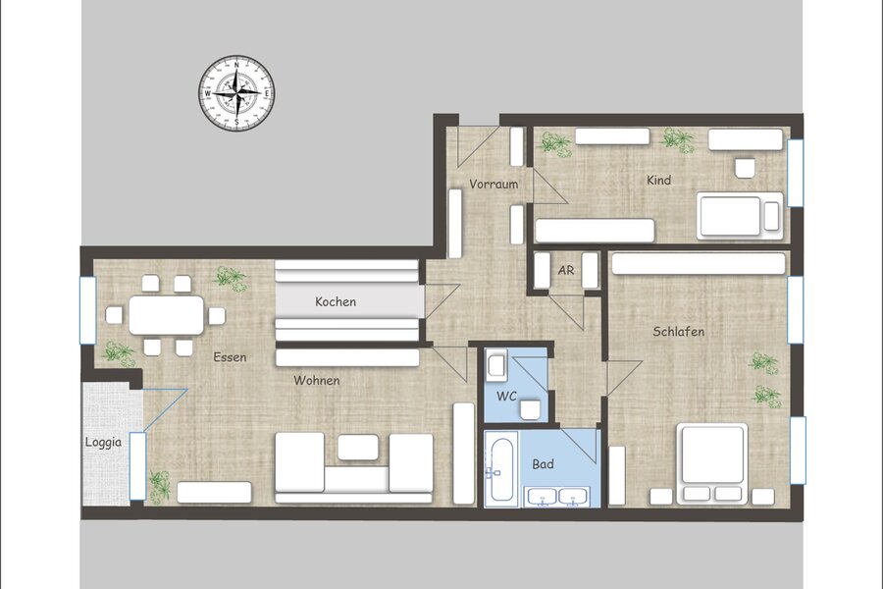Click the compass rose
236,92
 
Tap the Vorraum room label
493,185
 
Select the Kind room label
658,181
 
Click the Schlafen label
678,332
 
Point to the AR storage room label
566,271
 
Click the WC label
506,397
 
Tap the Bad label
543,464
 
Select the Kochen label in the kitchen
336,301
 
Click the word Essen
230,356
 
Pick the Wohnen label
317,381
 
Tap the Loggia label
103,443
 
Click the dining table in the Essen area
166,315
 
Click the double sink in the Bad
556,497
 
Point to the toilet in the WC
531,409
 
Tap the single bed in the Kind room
740,216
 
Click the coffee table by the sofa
358,447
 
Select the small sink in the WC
496,364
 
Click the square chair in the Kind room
745,168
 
